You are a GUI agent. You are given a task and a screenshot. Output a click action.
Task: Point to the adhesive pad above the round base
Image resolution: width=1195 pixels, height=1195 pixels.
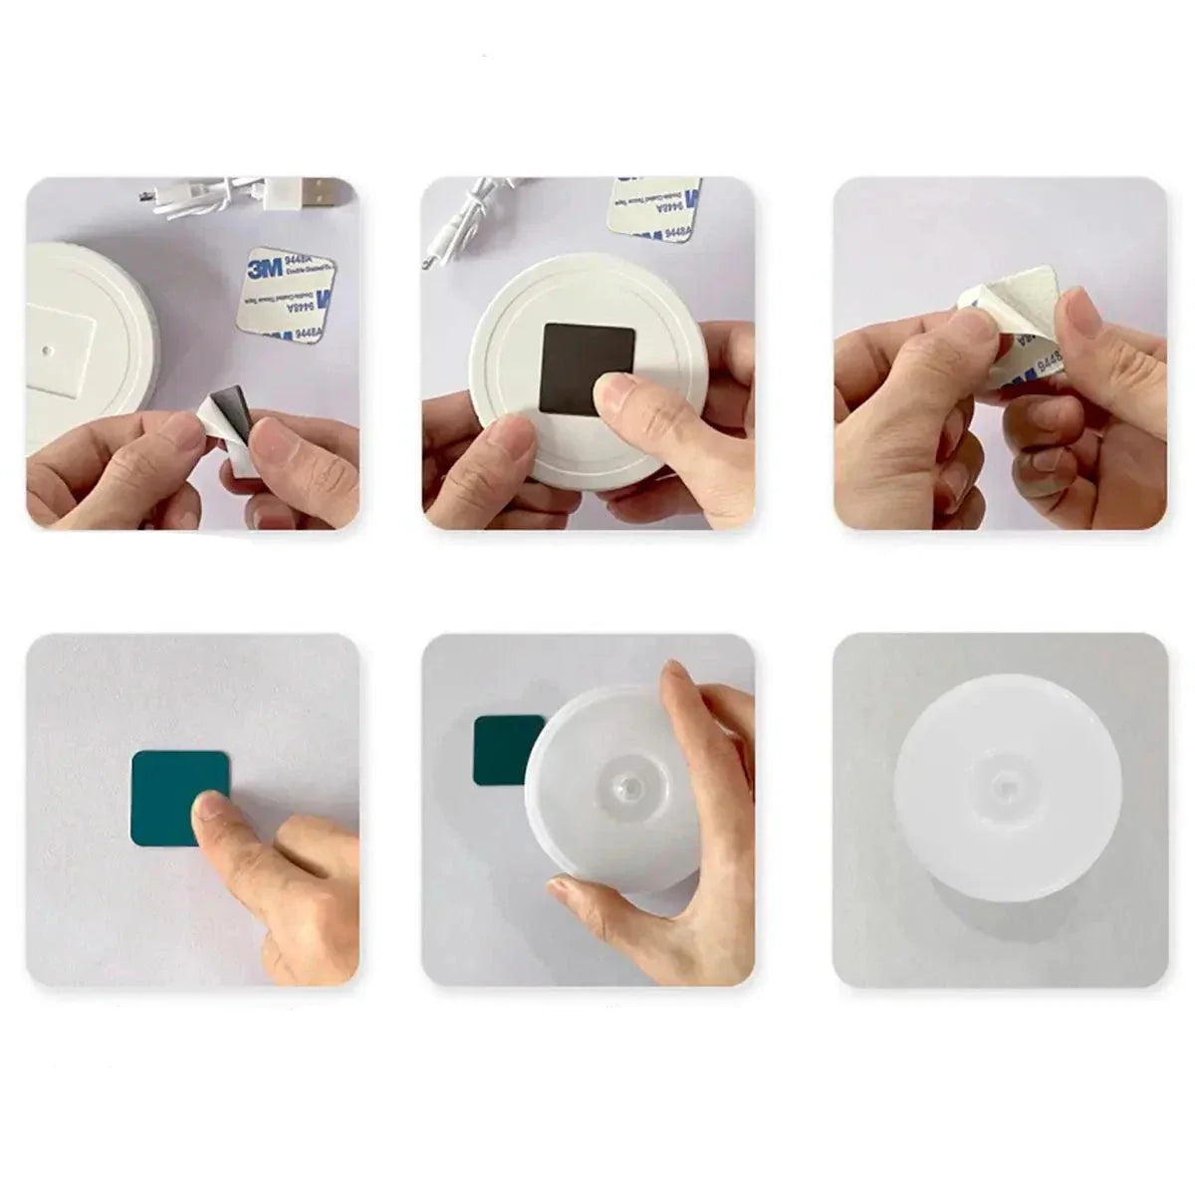coord(654,209)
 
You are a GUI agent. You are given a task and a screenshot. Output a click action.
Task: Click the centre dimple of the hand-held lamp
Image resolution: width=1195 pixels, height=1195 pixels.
coord(622,788)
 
